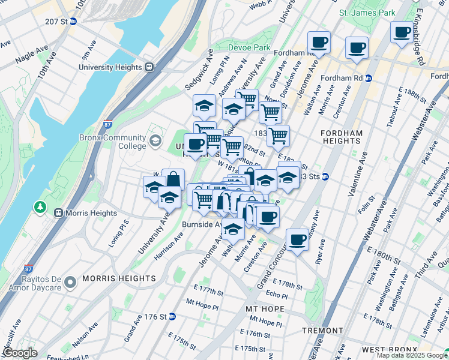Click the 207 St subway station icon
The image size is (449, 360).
pos(73,21)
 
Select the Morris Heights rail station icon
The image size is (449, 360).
pos(59,212)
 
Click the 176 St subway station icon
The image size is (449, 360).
pos(172,317)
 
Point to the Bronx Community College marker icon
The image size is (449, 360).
pos(155,141)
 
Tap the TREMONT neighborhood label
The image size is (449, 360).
pos(322,331)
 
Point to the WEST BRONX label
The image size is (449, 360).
pos(390,350)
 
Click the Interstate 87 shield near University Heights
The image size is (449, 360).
pos(108,125)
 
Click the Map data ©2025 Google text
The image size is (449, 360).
pos(411,355)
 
